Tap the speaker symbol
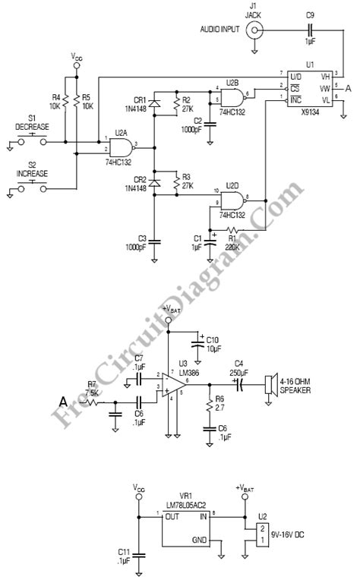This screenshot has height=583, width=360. tap(267, 384)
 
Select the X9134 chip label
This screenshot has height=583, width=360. tap(307, 108)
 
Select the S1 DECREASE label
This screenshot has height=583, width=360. tap(32, 123)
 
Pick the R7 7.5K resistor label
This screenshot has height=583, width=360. tap(91, 389)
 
